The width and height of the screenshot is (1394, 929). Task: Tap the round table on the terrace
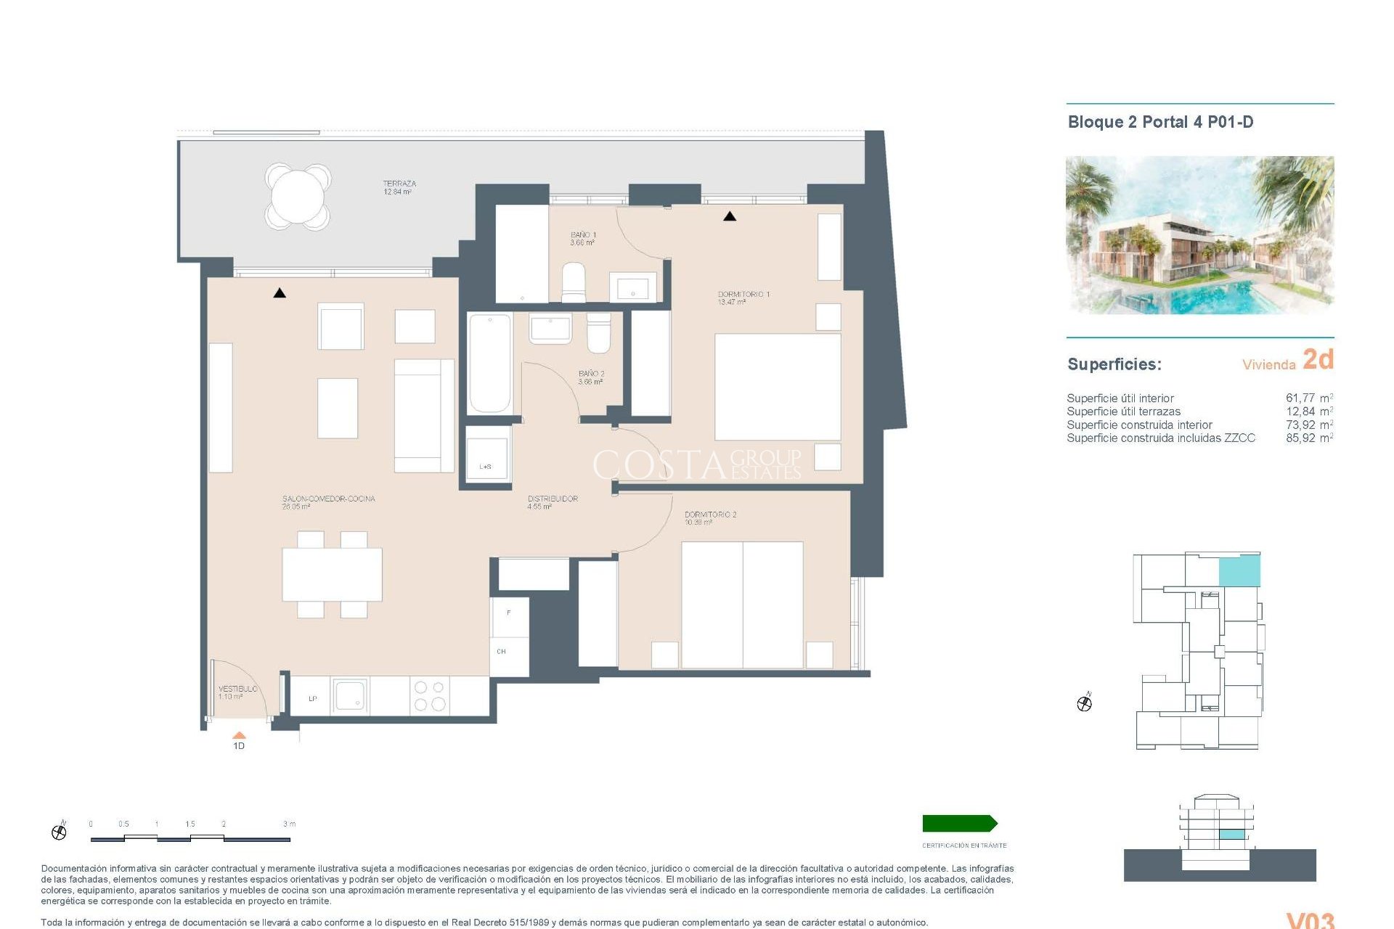click(x=298, y=196)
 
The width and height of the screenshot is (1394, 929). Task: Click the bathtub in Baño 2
click(x=489, y=363)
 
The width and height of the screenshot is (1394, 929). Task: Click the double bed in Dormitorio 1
click(x=778, y=386)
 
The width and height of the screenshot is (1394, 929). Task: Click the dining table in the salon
click(x=332, y=573)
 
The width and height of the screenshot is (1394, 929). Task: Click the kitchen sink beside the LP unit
click(x=350, y=696)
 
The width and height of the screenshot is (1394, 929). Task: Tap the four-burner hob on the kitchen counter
click(x=429, y=695)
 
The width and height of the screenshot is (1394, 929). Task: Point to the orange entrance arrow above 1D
click(x=239, y=735)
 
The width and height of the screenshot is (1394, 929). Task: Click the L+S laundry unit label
click(x=485, y=467)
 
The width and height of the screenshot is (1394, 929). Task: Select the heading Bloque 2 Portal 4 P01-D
click(x=1160, y=122)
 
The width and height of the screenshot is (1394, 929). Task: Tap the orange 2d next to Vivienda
click(x=1318, y=359)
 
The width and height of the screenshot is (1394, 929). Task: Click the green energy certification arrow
click(x=959, y=823)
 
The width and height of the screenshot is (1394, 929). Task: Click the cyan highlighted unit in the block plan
click(x=1239, y=571)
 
